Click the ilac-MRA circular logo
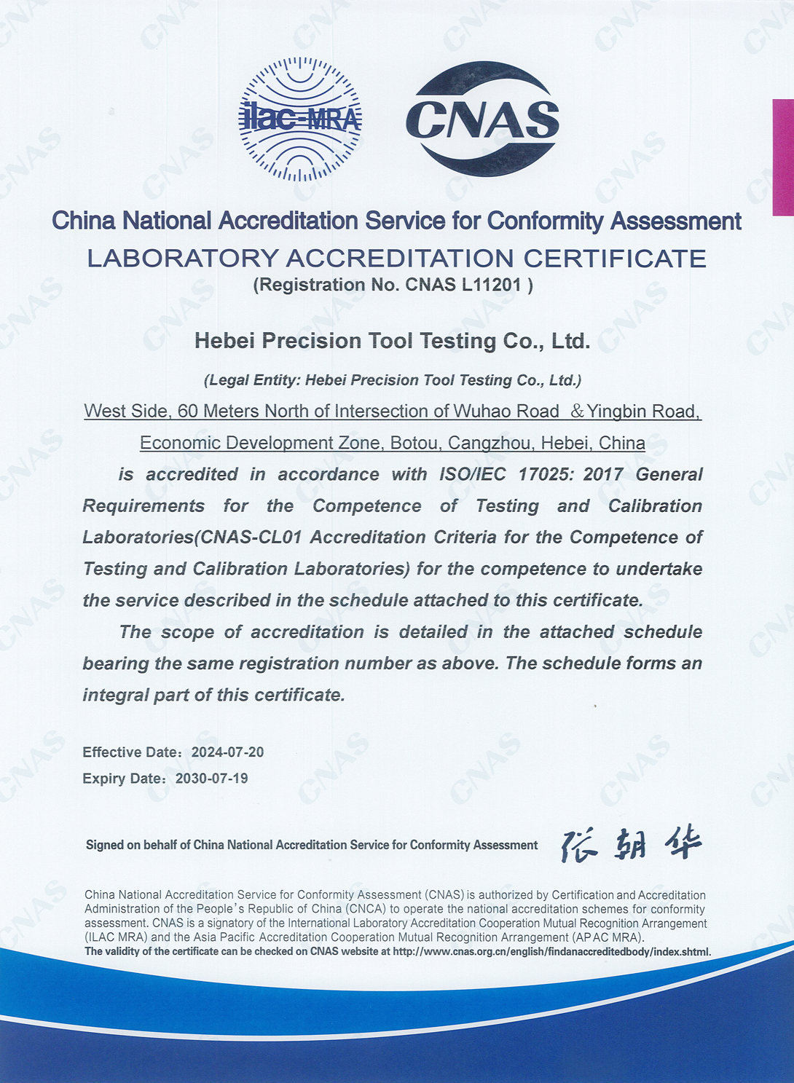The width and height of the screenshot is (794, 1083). (x=300, y=119)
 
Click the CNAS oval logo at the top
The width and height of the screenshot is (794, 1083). (x=482, y=119)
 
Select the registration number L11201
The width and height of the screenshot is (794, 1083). (x=492, y=285)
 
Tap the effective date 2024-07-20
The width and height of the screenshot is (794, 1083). (x=227, y=752)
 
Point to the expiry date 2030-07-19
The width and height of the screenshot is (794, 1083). (x=212, y=779)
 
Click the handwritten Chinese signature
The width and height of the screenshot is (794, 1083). (x=631, y=845)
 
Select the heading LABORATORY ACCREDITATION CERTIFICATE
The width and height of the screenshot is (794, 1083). (x=396, y=259)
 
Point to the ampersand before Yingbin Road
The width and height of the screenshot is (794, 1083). (x=577, y=411)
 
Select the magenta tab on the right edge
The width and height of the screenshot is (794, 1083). (x=783, y=157)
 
